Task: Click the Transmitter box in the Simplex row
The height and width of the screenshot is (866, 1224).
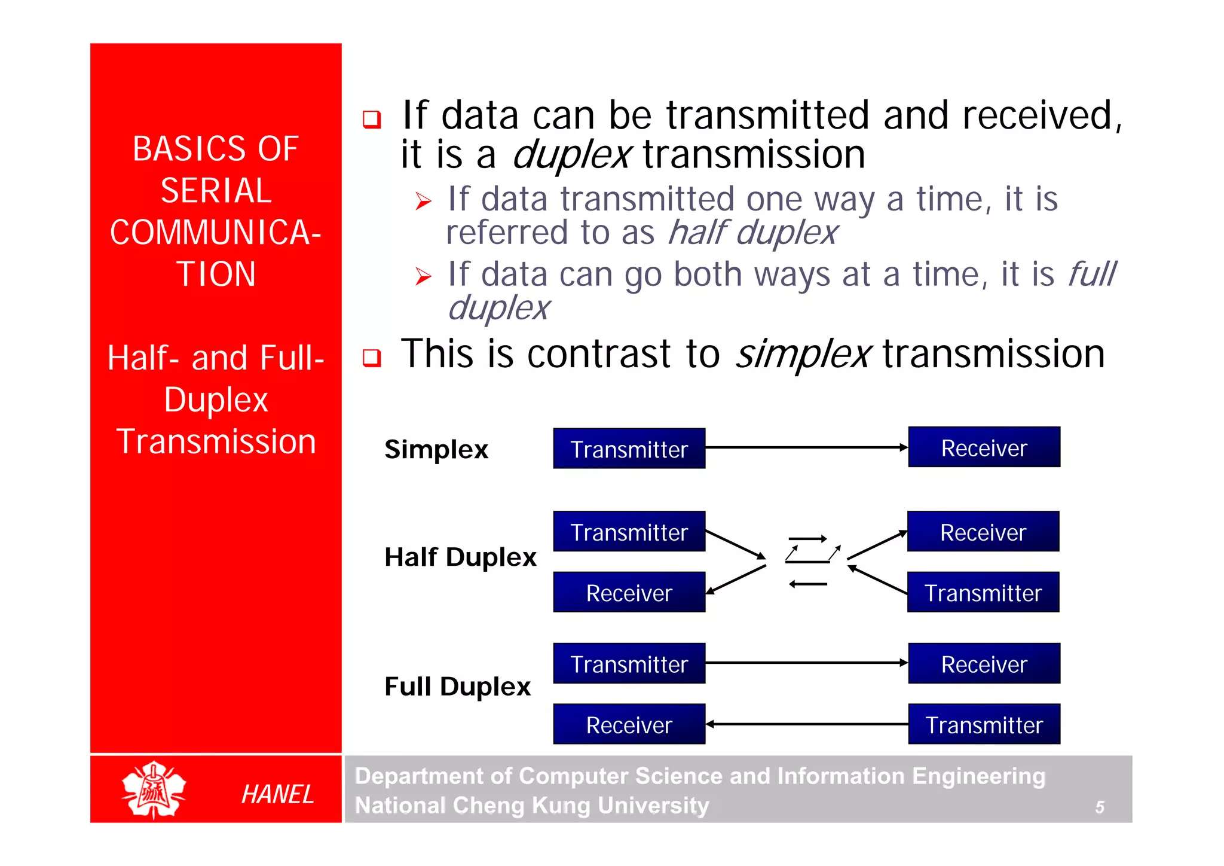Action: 629,449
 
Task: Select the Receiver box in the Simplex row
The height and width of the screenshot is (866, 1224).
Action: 984,447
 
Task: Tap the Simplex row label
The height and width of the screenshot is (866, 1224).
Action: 436,449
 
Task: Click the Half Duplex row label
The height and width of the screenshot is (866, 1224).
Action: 460,557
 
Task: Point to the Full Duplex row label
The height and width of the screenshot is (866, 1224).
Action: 457,686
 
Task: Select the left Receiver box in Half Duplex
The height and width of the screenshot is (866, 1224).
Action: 629,592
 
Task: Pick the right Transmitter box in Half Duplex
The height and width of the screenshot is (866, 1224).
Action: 983,592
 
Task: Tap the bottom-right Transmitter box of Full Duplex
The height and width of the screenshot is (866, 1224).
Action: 984,724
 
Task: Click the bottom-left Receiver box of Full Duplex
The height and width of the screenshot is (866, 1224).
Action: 629,724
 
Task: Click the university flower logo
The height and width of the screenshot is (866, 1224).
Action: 154,789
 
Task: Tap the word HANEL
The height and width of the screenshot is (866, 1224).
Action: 278,794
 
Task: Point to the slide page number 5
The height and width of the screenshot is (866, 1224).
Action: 1099,807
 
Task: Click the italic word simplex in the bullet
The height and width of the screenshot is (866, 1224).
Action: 803,354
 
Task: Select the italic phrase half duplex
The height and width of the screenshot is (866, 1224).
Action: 753,233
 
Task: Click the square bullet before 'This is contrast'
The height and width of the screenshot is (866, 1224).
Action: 372,358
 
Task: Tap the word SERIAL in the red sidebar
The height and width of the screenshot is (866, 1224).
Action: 216,191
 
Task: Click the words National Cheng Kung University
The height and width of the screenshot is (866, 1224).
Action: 532,805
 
